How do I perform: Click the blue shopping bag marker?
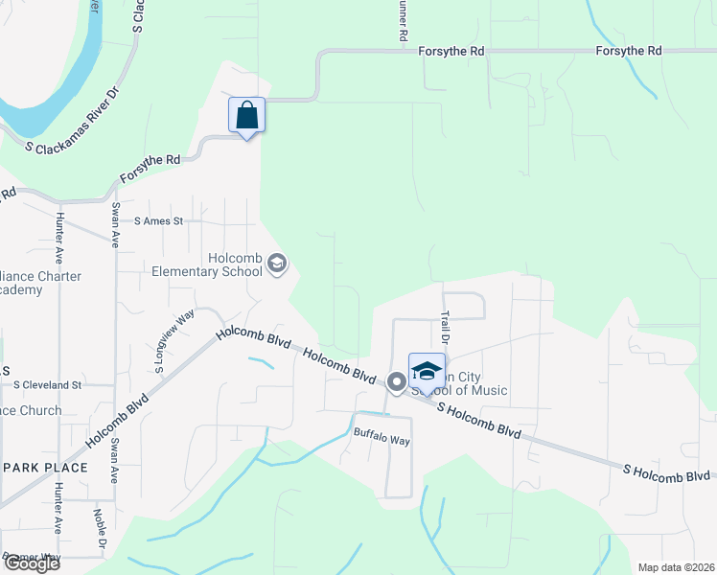[247, 116]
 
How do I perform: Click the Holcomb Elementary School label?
[207, 264]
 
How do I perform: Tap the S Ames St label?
[158, 221]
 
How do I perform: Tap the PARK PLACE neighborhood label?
[45, 468]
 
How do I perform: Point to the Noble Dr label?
[99, 526]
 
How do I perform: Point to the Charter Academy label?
[38, 283]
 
